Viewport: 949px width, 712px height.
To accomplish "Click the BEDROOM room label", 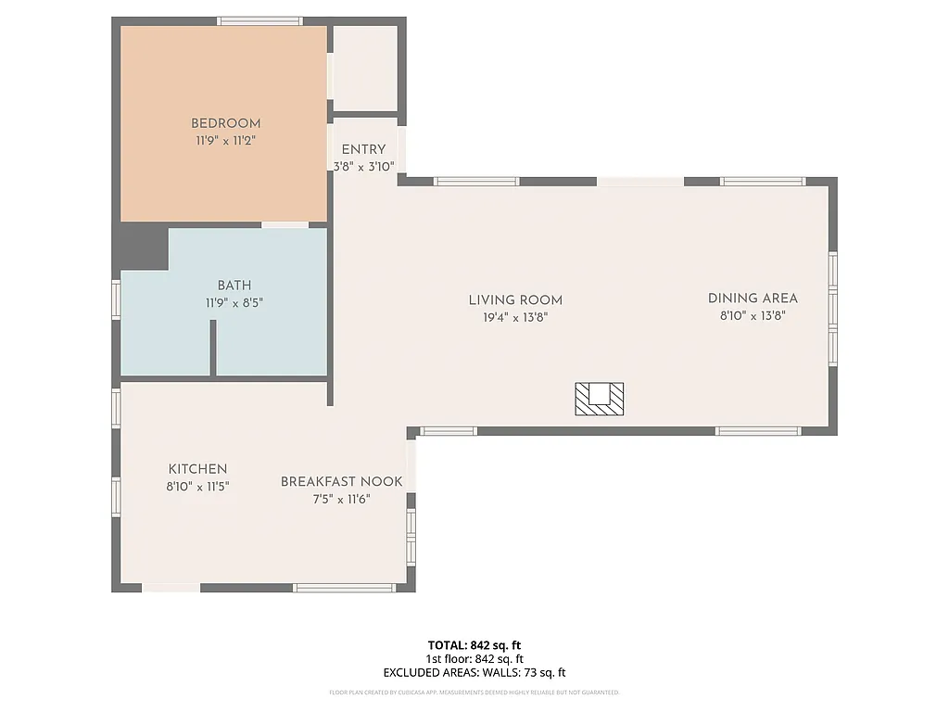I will [x=225, y=123].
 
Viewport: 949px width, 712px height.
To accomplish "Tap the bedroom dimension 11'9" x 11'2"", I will [x=225, y=141].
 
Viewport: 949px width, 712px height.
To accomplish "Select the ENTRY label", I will [x=363, y=150].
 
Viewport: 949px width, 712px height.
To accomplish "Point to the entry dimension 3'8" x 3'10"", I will [x=364, y=167].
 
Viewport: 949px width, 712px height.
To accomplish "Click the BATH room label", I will [x=234, y=286].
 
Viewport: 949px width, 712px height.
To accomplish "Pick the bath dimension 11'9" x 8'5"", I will [x=234, y=302].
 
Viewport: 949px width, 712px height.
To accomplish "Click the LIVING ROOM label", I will [x=515, y=300].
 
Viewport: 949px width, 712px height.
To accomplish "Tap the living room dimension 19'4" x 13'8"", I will [x=515, y=317].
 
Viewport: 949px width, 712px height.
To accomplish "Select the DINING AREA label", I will [x=753, y=299].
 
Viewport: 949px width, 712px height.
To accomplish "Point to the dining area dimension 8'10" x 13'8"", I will [x=753, y=315].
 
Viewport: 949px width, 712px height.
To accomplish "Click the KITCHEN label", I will [x=197, y=469].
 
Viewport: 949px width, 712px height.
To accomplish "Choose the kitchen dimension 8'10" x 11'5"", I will [x=197, y=486].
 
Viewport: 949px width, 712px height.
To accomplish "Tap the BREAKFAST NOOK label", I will [x=342, y=482].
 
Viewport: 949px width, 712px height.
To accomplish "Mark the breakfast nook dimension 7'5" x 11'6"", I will [x=342, y=499].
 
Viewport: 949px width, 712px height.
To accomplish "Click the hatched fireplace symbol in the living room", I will [x=600, y=398].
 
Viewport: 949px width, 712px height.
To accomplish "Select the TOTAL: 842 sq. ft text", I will [x=474, y=645].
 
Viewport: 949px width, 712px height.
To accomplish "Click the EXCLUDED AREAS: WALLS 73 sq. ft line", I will [x=474, y=673].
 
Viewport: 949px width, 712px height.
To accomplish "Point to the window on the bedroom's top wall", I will [x=259, y=20].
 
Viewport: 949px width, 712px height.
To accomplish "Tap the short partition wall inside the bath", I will [x=212, y=348].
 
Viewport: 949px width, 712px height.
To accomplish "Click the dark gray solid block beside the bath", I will [x=141, y=248].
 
